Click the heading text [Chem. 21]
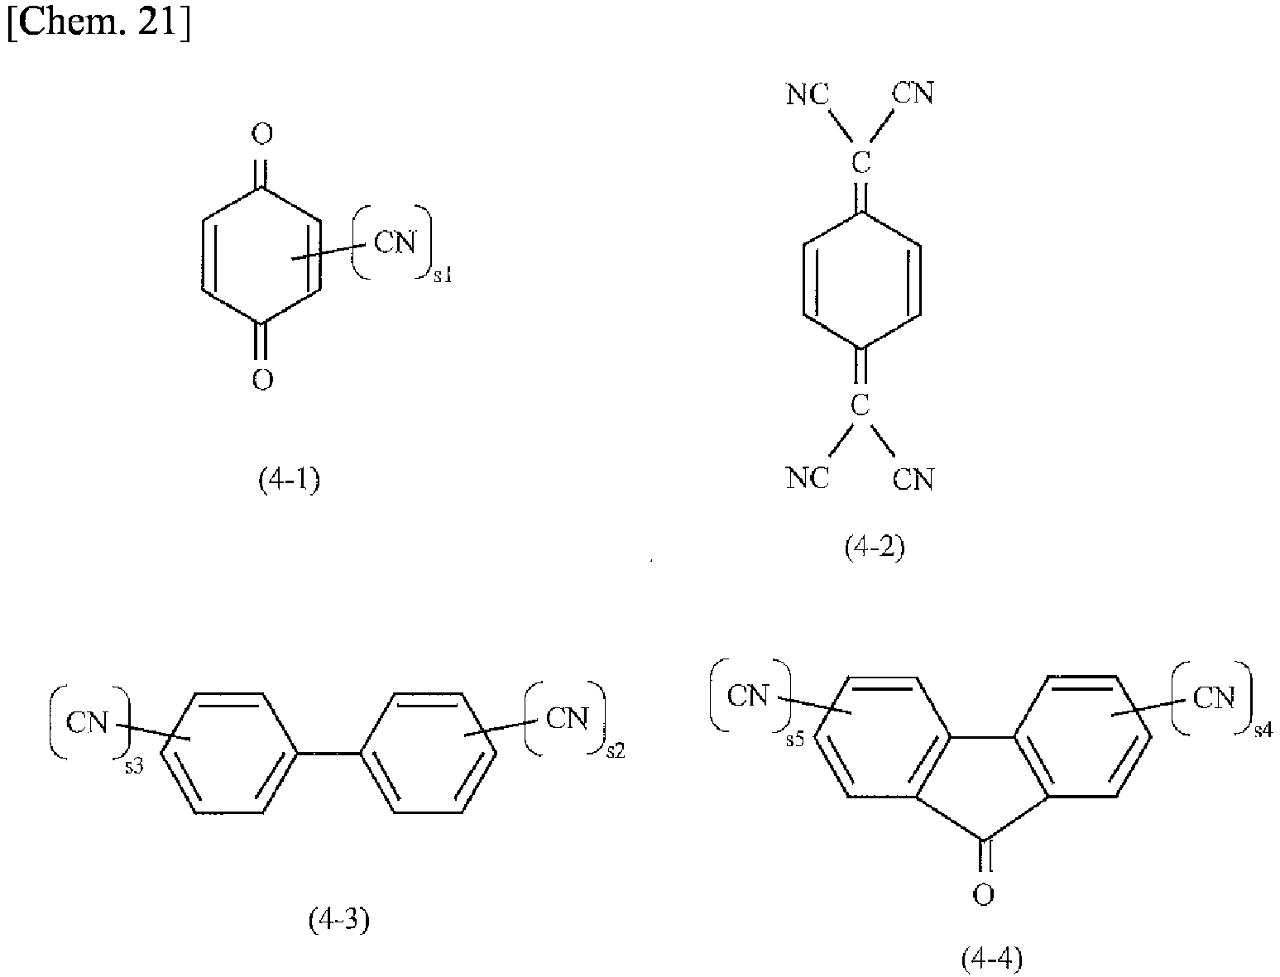tap(99, 22)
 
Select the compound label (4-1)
tap(290, 481)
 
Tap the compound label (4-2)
tap(875, 548)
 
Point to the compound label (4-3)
tap(338, 920)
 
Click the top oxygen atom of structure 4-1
tap(261, 134)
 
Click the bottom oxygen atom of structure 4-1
tap(262, 380)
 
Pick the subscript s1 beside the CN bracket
tap(443, 275)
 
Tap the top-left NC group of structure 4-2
tap(807, 93)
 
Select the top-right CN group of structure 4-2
tap(913, 93)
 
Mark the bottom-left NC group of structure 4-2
tap(807, 479)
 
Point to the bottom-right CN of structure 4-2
tap(913, 479)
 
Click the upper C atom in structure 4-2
tap(861, 161)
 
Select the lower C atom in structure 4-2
tap(861, 404)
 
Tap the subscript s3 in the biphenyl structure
tap(133, 766)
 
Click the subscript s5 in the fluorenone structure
tap(795, 740)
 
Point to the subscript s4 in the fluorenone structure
tap(1263, 730)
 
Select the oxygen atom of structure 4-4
tap(983, 895)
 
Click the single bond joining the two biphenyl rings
tap(328, 754)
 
